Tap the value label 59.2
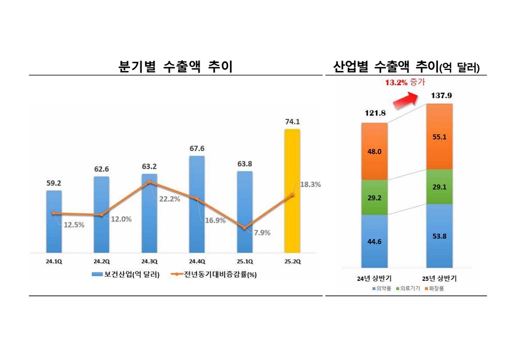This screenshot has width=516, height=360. tap(54, 183)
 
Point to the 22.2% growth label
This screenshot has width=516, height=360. tap(169, 199)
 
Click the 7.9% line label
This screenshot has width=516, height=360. tap(261, 233)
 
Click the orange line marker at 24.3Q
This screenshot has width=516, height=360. tap(149, 182)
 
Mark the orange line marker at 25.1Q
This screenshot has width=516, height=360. tap(245, 228)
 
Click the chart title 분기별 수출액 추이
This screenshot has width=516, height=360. tap(175, 66)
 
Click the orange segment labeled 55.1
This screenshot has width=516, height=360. tap(439, 137)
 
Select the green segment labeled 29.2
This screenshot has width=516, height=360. tap(374, 197)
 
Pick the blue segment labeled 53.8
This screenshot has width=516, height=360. tap(439, 235)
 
